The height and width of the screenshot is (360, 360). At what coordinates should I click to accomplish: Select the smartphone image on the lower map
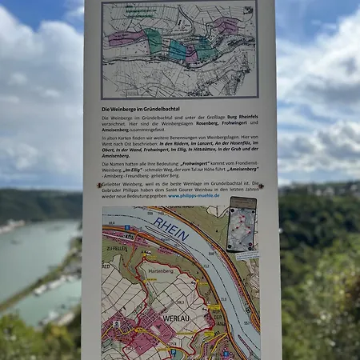[x=241, y=224]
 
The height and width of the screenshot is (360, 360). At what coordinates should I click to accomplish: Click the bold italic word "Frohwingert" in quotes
[x=186, y=162]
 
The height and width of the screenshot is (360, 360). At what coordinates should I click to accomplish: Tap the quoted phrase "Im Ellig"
[x=134, y=169]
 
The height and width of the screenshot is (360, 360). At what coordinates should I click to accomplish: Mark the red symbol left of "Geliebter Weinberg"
[x=98, y=183]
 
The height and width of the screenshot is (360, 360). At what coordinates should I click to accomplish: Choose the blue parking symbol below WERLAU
[x=174, y=350]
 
